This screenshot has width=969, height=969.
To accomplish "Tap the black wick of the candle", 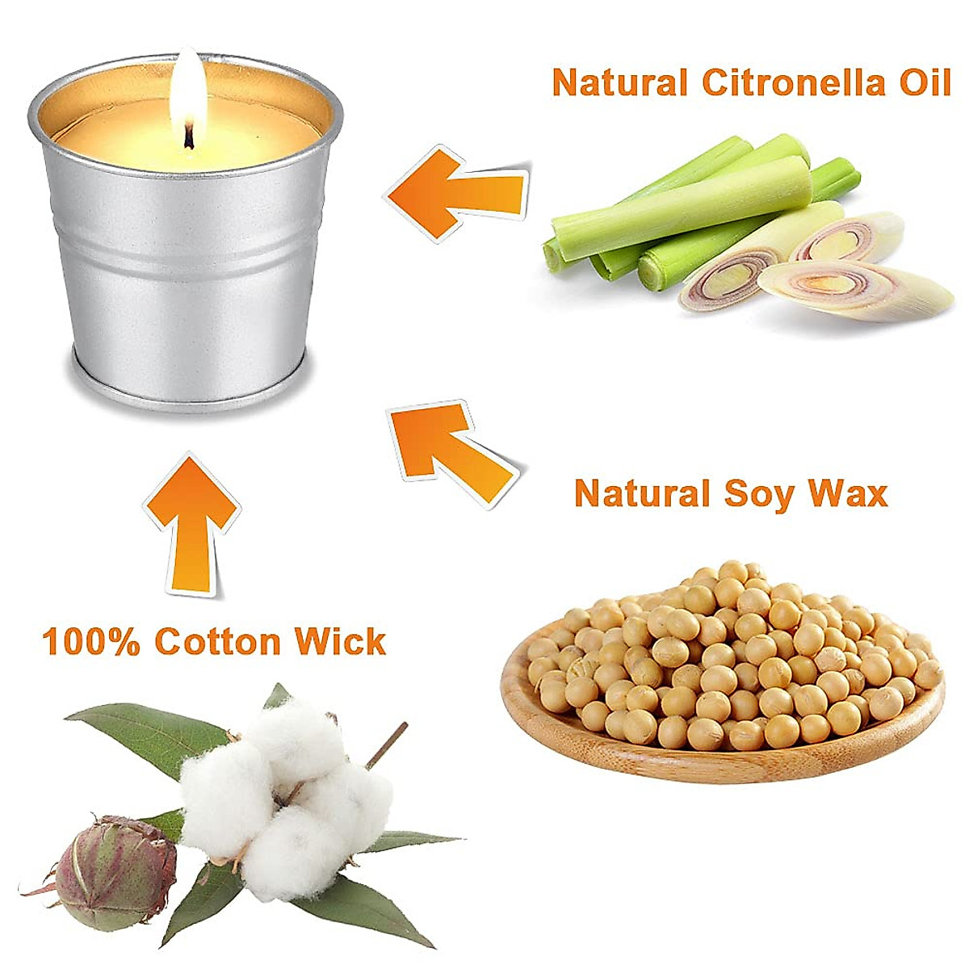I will coord(189,136).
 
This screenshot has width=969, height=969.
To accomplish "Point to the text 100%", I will coord(90,642).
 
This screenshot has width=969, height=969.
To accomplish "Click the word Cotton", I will coord(218,642).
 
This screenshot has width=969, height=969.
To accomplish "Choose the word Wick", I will coord(340,642).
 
